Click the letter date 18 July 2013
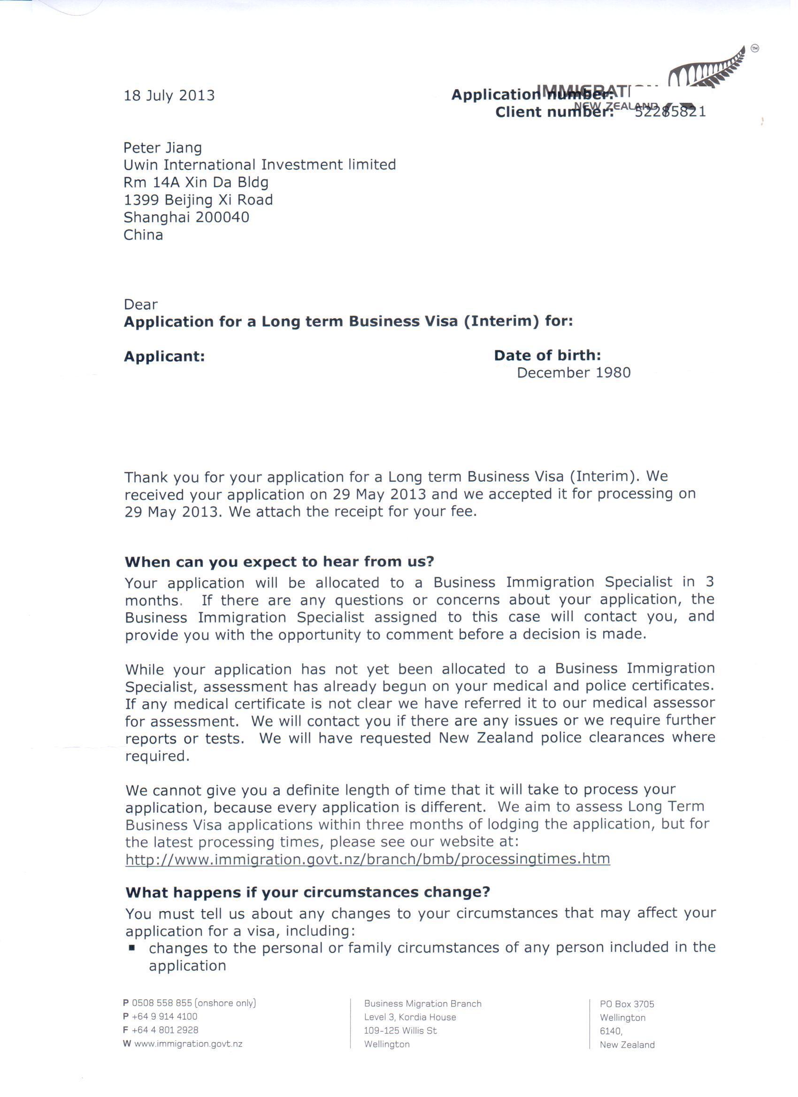coord(169,95)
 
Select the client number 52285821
coord(670,112)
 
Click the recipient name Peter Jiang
coord(162,148)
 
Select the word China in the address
coord(143,235)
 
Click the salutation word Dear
coord(141,305)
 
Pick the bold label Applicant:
coord(164,356)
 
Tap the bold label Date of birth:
coord(547,355)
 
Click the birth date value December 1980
coord(574,373)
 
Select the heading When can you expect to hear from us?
coord(280,561)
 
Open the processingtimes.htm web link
coord(368,859)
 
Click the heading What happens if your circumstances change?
coord(307,892)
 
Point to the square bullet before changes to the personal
coord(131,948)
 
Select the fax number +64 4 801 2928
coord(164,1030)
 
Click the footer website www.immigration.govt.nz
coord(188,1044)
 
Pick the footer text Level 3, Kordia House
coord(410,1017)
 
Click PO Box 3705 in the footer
coord(627,1004)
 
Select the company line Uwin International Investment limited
coord(260,165)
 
